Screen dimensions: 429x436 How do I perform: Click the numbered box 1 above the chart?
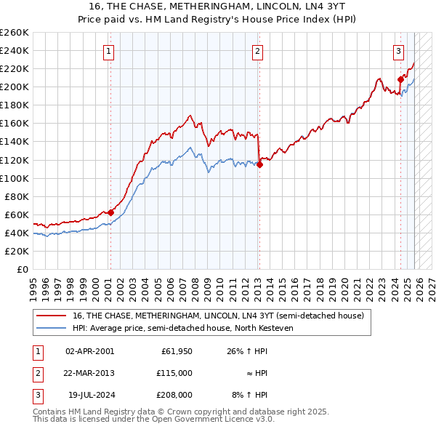point(108,51)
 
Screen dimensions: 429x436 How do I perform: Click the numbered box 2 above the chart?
point(258,51)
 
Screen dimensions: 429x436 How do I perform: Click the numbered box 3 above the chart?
point(399,51)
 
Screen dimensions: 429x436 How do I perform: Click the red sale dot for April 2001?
point(110,212)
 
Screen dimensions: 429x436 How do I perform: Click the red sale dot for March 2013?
point(259,164)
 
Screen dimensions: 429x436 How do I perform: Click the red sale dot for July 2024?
point(400,79)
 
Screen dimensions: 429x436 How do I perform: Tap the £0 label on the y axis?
point(23,269)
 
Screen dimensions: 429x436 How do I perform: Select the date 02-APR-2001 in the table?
point(89,351)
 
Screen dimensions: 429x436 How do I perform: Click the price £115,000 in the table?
point(175,373)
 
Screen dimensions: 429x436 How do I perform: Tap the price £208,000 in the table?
point(175,395)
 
